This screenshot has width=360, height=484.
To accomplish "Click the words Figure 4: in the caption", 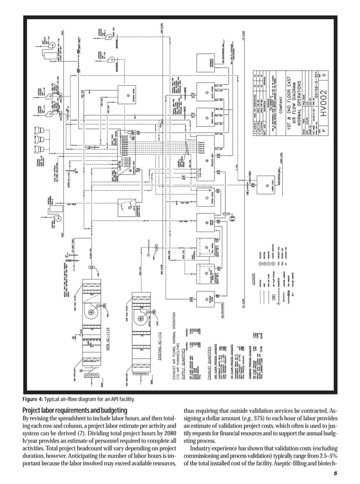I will point(34,399).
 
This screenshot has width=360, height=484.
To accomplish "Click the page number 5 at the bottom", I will point(335,473).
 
